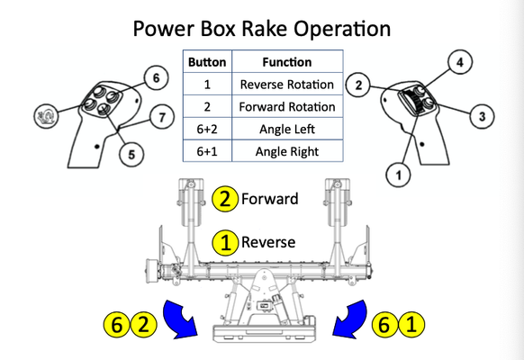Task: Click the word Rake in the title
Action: [x=263, y=29]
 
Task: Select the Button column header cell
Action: [x=207, y=62]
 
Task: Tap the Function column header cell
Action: [x=287, y=62]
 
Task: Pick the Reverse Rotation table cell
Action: [x=287, y=85]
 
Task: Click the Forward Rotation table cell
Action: [x=287, y=106]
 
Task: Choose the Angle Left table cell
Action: [x=287, y=129]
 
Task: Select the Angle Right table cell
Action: [x=287, y=151]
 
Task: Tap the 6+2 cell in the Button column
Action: [x=207, y=129]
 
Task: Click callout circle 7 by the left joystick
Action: [x=162, y=117]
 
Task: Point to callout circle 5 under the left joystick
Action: [x=131, y=154]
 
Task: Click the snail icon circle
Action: [x=46, y=115]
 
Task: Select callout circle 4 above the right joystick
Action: [x=460, y=62]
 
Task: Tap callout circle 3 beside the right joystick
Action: [x=482, y=116]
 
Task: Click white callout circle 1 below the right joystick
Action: [x=398, y=175]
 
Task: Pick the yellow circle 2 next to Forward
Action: [x=225, y=199]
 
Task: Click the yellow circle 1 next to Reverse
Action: [x=226, y=242]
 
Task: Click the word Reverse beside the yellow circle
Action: [x=268, y=242]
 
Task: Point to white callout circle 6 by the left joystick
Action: [x=156, y=77]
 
